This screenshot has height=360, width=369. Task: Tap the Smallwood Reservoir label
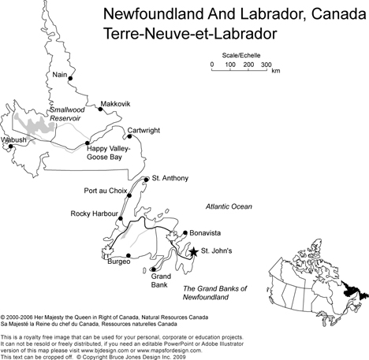point(65,114)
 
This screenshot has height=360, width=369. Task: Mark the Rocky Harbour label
point(93,213)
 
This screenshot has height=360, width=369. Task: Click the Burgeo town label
point(118,260)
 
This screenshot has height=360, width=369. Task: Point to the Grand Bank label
point(160,280)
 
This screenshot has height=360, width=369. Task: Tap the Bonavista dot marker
point(184,233)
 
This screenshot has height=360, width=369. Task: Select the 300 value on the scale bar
point(266,65)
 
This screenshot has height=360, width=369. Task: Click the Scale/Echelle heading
point(237,55)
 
